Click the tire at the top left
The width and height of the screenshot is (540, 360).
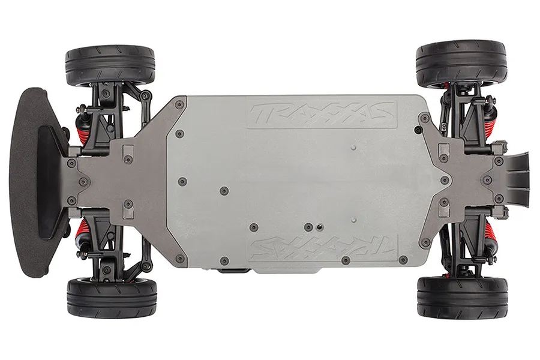pos(110,64)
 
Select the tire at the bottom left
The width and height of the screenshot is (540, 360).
pos(112,298)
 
